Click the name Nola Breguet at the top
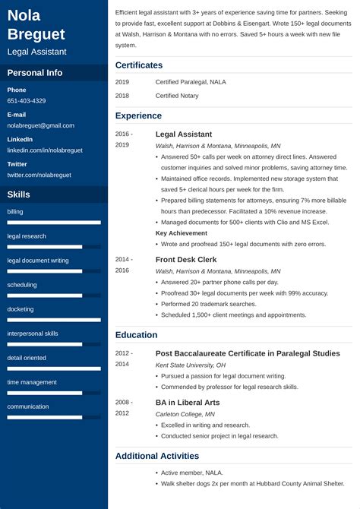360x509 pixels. (36, 24)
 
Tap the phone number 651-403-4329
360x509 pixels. (27, 101)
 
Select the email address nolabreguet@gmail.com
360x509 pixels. (41, 125)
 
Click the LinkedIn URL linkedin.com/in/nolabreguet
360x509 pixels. (43, 150)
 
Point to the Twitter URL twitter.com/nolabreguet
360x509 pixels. (39, 175)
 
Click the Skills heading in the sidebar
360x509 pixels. (19, 194)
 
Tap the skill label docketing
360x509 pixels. (21, 309)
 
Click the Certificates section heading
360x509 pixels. (139, 65)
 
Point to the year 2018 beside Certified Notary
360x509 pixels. (122, 96)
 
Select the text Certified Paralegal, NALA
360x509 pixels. (190, 81)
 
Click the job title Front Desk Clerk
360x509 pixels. (186, 260)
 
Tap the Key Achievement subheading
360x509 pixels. (181, 233)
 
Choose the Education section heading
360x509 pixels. (137, 335)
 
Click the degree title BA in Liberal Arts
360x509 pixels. (188, 403)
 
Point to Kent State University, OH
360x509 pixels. (190, 365)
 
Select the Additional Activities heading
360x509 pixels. (157, 457)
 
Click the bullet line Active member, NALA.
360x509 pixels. (191, 473)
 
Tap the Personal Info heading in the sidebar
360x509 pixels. (35, 73)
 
